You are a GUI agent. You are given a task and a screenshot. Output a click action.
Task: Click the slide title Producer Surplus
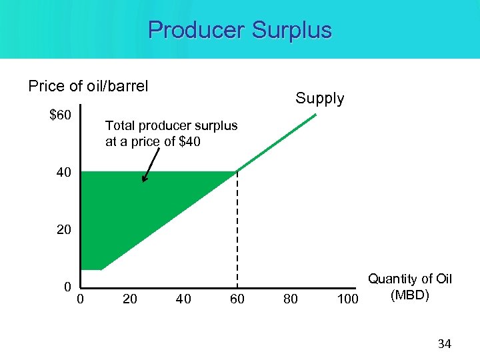(x=239, y=30)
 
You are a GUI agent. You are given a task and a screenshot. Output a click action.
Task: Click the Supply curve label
(x=320, y=99)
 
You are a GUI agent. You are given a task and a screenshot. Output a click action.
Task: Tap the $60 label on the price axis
(x=61, y=115)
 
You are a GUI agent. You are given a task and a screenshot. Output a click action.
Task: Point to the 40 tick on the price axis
(x=63, y=173)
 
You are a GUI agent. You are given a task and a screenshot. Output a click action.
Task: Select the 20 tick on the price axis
(x=63, y=230)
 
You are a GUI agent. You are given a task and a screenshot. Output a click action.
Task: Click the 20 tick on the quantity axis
(x=130, y=299)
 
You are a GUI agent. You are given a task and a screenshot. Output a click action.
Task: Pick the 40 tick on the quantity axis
(x=183, y=299)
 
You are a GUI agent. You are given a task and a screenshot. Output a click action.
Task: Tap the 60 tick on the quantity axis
(x=237, y=299)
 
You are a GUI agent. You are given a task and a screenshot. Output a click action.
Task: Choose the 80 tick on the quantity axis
(x=291, y=299)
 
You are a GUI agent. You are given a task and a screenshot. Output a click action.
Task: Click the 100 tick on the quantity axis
(x=347, y=299)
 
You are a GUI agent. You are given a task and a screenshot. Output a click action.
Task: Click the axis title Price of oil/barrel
(x=88, y=86)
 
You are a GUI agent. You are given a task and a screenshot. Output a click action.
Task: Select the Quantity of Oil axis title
(x=410, y=279)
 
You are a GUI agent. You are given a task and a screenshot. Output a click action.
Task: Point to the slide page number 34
(x=444, y=344)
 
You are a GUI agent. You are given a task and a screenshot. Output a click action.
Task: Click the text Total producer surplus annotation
(x=171, y=133)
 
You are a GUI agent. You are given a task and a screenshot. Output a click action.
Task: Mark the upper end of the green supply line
(x=317, y=115)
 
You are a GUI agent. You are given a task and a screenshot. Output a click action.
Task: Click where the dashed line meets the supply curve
(x=237, y=172)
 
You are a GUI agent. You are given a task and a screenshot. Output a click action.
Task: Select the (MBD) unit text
(x=410, y=295)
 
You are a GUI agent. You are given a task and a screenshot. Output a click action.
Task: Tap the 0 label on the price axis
(x=67, y=287)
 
